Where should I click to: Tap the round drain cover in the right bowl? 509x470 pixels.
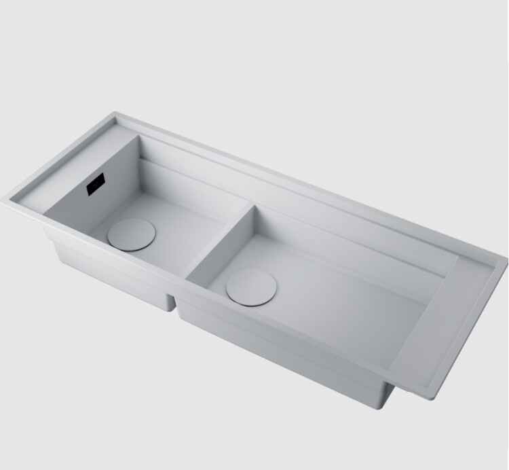tap(252, 286)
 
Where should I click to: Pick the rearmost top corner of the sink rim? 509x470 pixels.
tap(116, 113)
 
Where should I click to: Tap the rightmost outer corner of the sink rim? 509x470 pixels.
tap(506, 259)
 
